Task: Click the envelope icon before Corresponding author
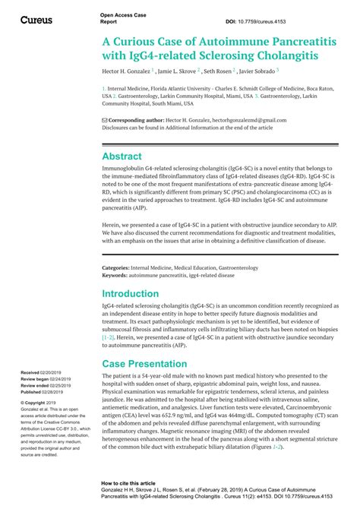pos(105,120)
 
